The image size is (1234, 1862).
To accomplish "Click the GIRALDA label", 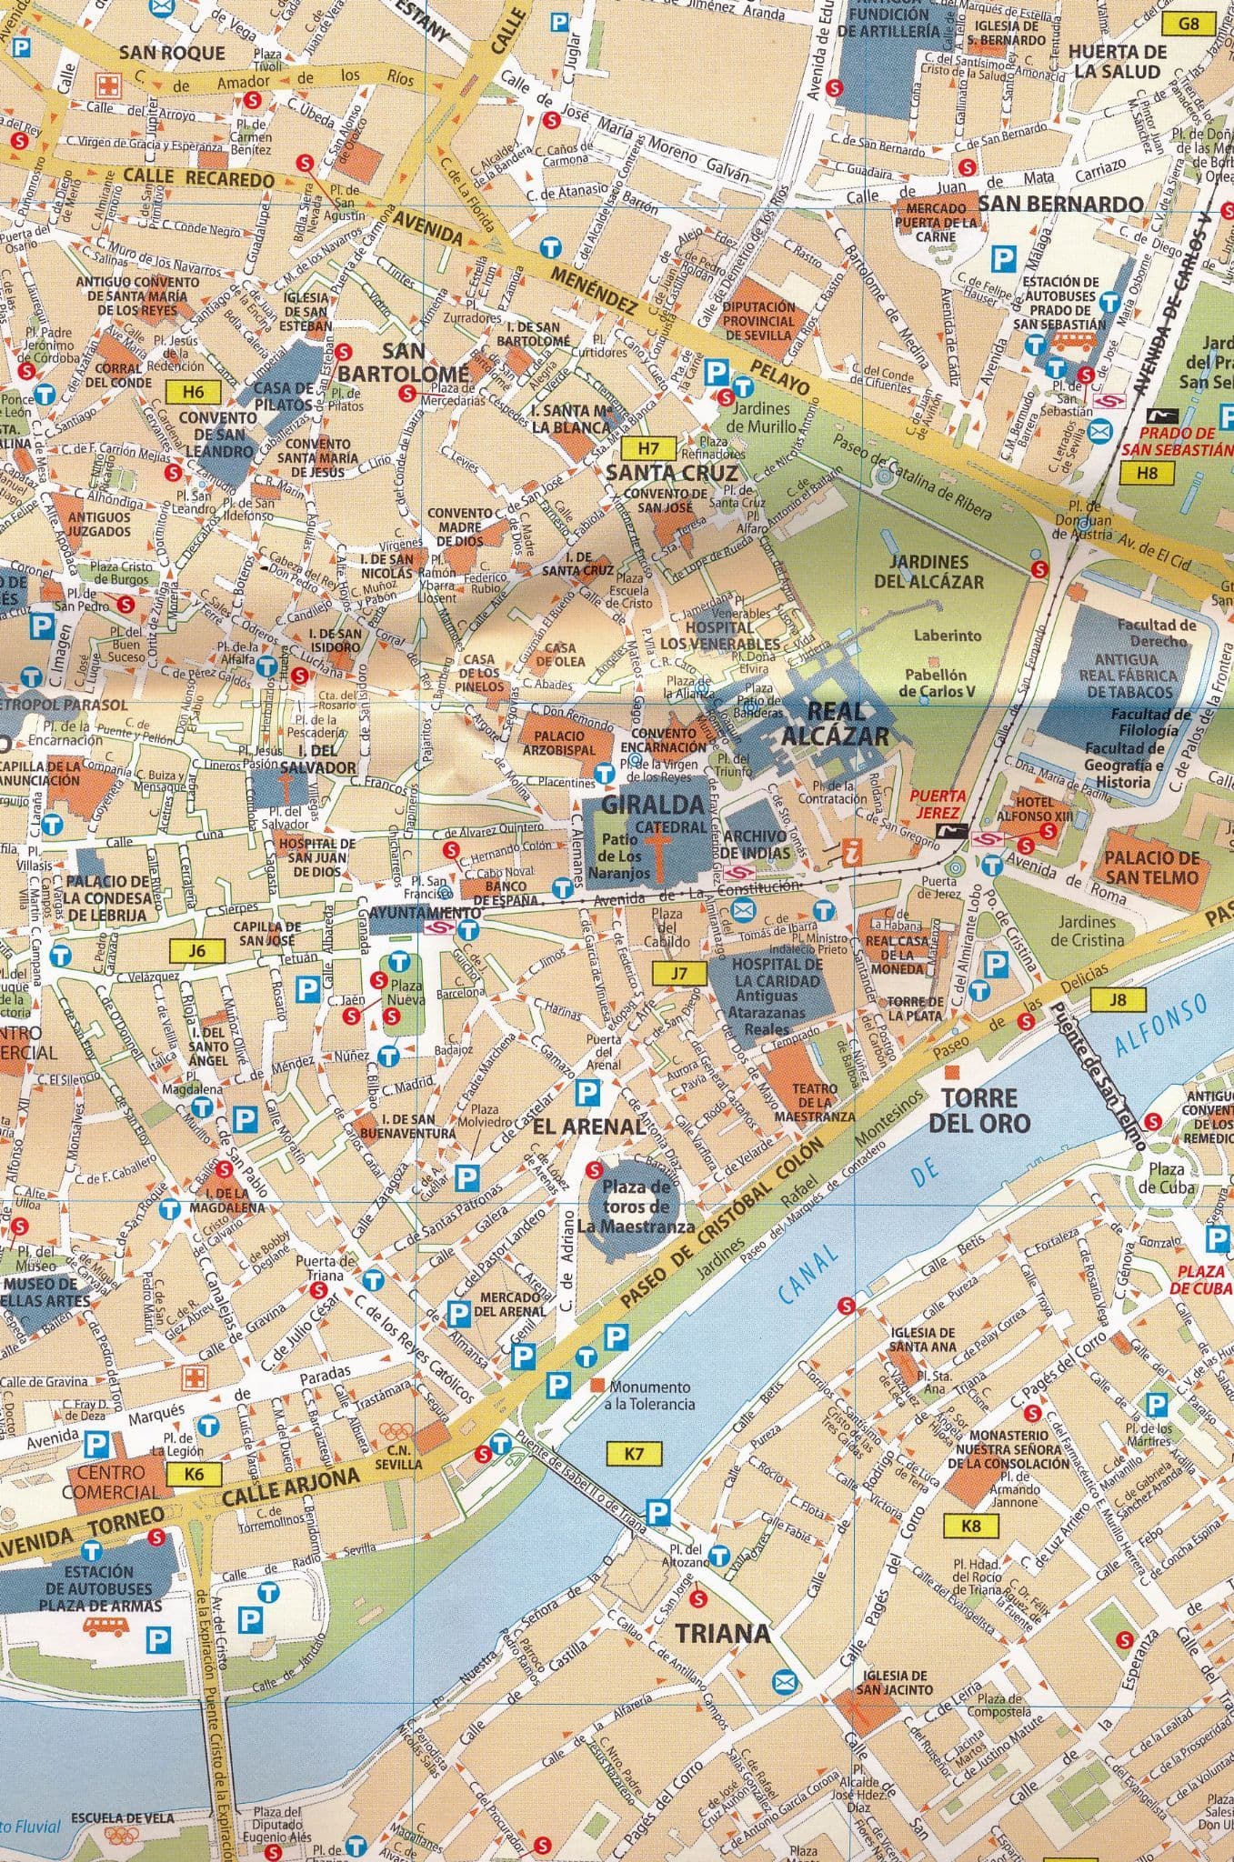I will pyautogui.click(x=653, y=804).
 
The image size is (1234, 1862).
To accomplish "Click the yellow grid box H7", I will pyautogui.click(x=646, y=448).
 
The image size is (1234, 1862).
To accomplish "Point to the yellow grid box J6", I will pyautogui.click(x=196, y=951).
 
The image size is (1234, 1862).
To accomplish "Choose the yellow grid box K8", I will pyautogui.click(x=970, y=1525).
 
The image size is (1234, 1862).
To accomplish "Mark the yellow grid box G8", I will pyautogui.click(x=1189, y=25).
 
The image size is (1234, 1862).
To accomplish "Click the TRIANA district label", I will pyautogui.click(x=722, y=1633).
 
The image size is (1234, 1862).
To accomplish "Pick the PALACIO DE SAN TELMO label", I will pyautogui.click(x=1152, y=867).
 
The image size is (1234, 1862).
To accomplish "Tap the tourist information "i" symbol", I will pyautogui.click(x=852, y=852).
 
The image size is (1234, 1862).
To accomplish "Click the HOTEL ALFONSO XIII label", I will pyautogui.click(x=1034, y=809).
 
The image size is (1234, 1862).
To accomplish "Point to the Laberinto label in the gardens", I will pyautogui.click(x=948, y=636).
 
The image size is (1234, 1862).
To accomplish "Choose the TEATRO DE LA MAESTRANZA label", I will pyautogui.click(x=814, y=1101).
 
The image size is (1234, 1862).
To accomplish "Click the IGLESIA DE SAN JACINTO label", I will pyautogui.click(x=895, y=1681).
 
